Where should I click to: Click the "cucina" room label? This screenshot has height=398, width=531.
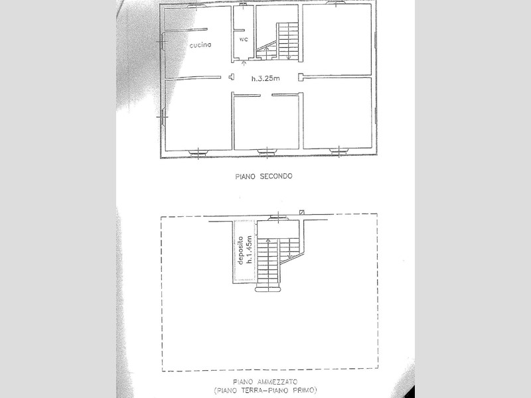point(200,45)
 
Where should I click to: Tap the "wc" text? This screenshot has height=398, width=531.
point(244,39)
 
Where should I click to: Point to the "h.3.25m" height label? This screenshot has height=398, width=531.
point(265,78)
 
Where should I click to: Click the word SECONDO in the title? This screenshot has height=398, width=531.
point(276,176)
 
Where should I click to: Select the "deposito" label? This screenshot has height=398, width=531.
point(241,251)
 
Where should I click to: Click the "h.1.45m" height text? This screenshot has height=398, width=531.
point(250,249)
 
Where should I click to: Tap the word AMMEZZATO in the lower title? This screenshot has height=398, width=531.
point(277,382)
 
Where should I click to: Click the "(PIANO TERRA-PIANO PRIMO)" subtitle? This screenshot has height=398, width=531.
point(265,390)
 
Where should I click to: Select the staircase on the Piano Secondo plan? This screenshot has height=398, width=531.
point(277,41)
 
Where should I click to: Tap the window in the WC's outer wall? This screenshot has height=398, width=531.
point(243,4)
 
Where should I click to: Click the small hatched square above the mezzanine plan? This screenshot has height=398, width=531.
point(302,212)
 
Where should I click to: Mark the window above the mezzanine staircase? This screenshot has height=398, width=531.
point(278,218)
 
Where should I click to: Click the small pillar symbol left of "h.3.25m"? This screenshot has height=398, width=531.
point(232,77)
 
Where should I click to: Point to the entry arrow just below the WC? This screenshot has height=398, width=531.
point(244,63)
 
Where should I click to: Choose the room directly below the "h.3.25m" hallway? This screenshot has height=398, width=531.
point(267,123)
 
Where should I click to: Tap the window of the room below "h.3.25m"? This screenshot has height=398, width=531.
point(267,153)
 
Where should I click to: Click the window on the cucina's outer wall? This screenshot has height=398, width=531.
point(162,41)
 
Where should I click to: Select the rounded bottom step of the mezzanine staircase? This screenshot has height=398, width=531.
point(268,289)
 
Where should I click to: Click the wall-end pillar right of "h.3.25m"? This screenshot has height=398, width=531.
point(301,78)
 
